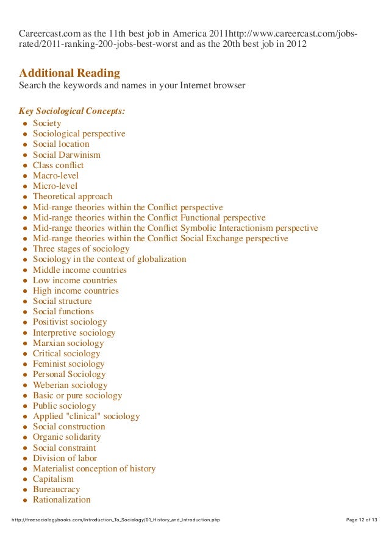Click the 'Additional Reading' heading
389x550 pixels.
[70, 73]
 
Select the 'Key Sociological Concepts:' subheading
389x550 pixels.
[72, 111]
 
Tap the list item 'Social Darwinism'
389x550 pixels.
[66, 155]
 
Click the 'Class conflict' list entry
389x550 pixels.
[58, 165]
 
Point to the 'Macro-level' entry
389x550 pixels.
[55, 175]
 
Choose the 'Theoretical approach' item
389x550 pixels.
[73, 196]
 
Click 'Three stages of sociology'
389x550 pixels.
[81, 249]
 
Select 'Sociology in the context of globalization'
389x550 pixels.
[109, 259]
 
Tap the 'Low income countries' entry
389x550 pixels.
[74, 280]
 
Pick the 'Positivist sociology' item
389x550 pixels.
[70, 322]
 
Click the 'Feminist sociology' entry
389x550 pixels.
[68, 364]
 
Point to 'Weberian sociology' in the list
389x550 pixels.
[70, 385]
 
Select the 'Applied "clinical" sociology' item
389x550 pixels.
[86, 417]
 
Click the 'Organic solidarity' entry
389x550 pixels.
[66, 437]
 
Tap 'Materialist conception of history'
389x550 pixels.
[94, 468]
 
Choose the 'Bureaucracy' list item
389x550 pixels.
[56, 489]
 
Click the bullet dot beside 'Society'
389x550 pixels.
[24, 124]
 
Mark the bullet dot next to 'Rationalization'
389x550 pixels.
[24, 500]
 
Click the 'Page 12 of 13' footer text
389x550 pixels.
[362, 520]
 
